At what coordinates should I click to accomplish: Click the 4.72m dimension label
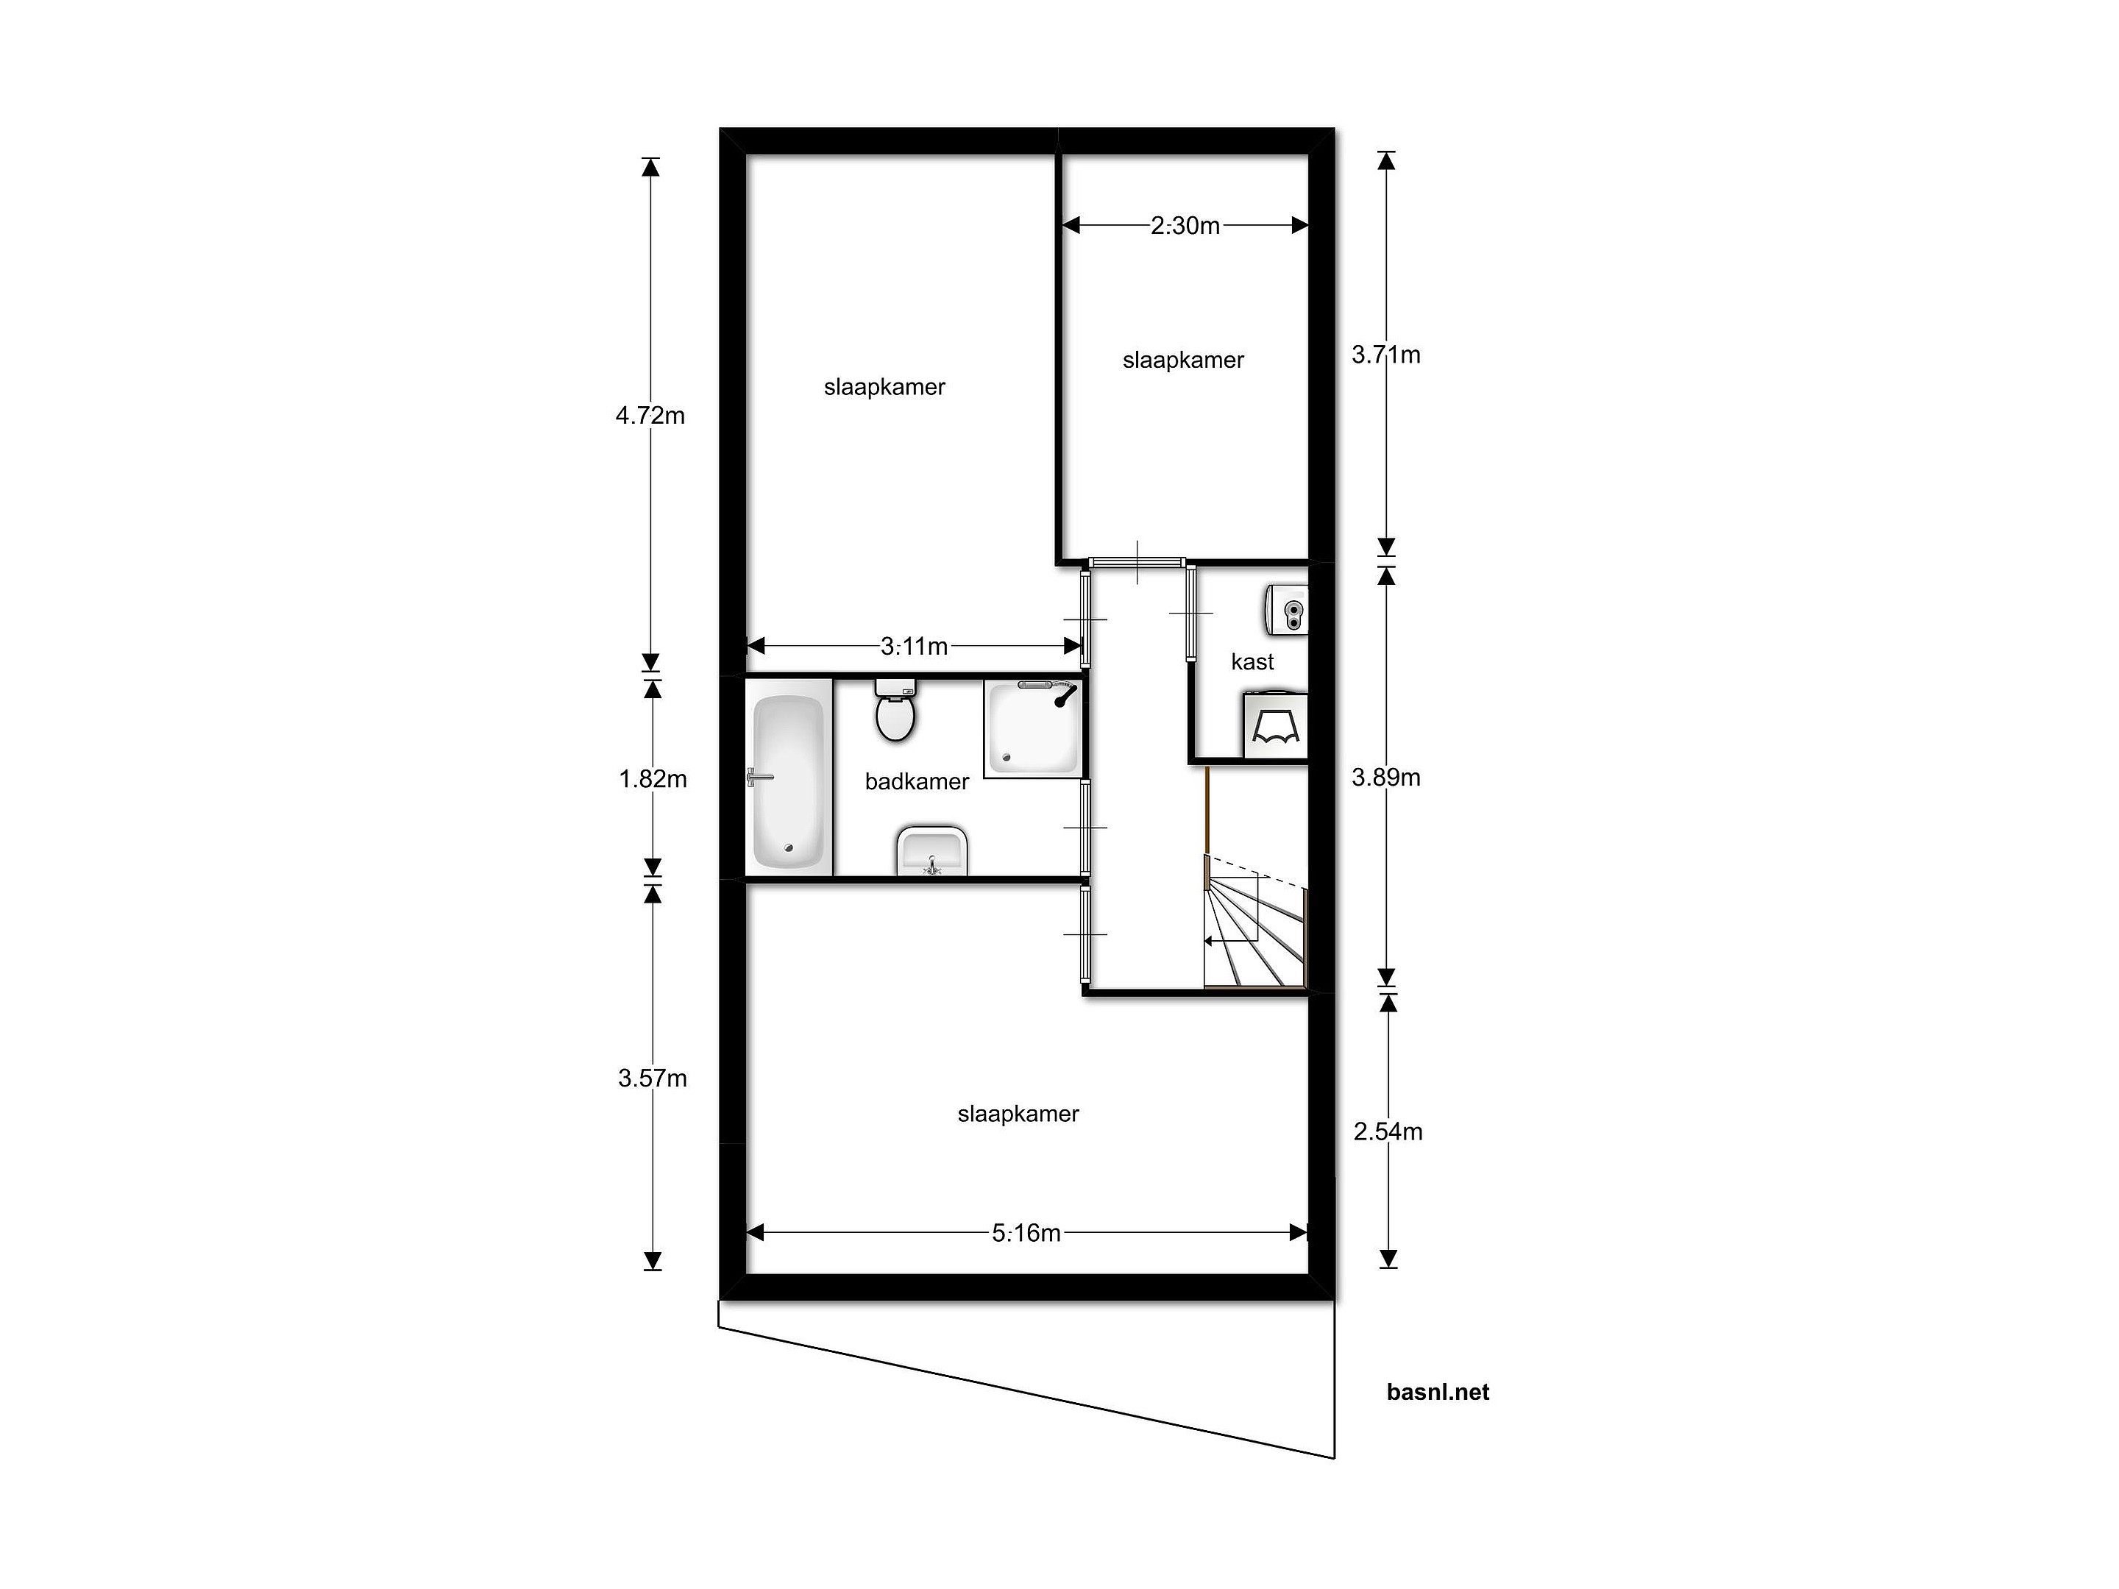pos(650,416)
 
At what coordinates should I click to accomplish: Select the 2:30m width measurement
pos(1185,225)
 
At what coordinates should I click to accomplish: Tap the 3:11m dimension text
pos(914,647)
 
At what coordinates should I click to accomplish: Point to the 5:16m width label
pos(1026,1233)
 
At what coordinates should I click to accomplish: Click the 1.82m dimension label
pos(653,779)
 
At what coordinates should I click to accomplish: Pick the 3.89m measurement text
pos(1386,777)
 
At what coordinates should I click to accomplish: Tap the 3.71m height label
pos(1386,355)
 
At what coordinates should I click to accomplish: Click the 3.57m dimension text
pos(653,1078)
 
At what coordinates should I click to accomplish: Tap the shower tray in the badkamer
pos(1034,729)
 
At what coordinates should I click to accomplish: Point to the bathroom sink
pos(932,850)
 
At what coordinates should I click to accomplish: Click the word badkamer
pos(917,781)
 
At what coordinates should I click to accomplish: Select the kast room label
pos(1252,662)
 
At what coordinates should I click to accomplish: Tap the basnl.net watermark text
pos(1438,1393)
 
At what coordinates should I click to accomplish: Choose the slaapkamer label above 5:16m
pos(1018,1113)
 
